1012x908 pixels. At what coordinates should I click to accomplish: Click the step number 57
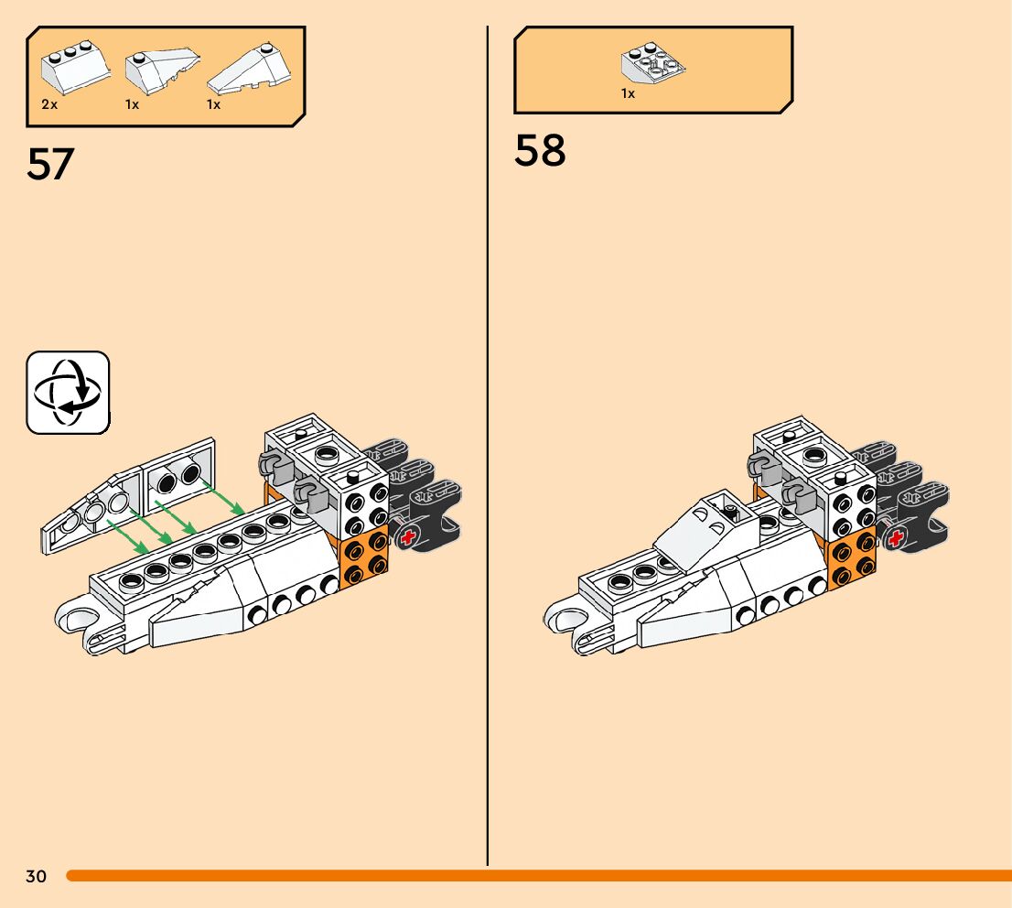pos(50,164)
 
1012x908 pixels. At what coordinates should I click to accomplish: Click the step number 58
pos(540,151)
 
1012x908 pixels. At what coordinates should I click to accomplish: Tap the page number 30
pos(36,877)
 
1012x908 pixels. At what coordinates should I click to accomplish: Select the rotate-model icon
pos(68,393)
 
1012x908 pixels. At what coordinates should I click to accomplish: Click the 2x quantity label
pos(49,105)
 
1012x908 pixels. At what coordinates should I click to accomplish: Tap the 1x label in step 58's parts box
pos(628,93)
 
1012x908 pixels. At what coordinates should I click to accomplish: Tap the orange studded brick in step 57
pos(364,559)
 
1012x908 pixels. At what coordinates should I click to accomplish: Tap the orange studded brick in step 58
pos(852,559)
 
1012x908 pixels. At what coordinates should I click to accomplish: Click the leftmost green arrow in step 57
pos(128,536)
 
